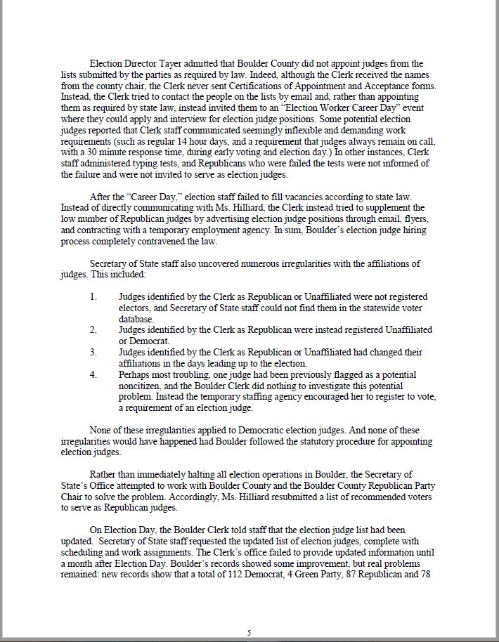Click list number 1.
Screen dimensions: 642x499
tap(93, 296)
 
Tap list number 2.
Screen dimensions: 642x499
tap(93, 329)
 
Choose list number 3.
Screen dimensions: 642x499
tap(93, 352)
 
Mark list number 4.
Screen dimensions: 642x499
tap(93, 374)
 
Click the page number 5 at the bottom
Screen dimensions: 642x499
tap(249, 633)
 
